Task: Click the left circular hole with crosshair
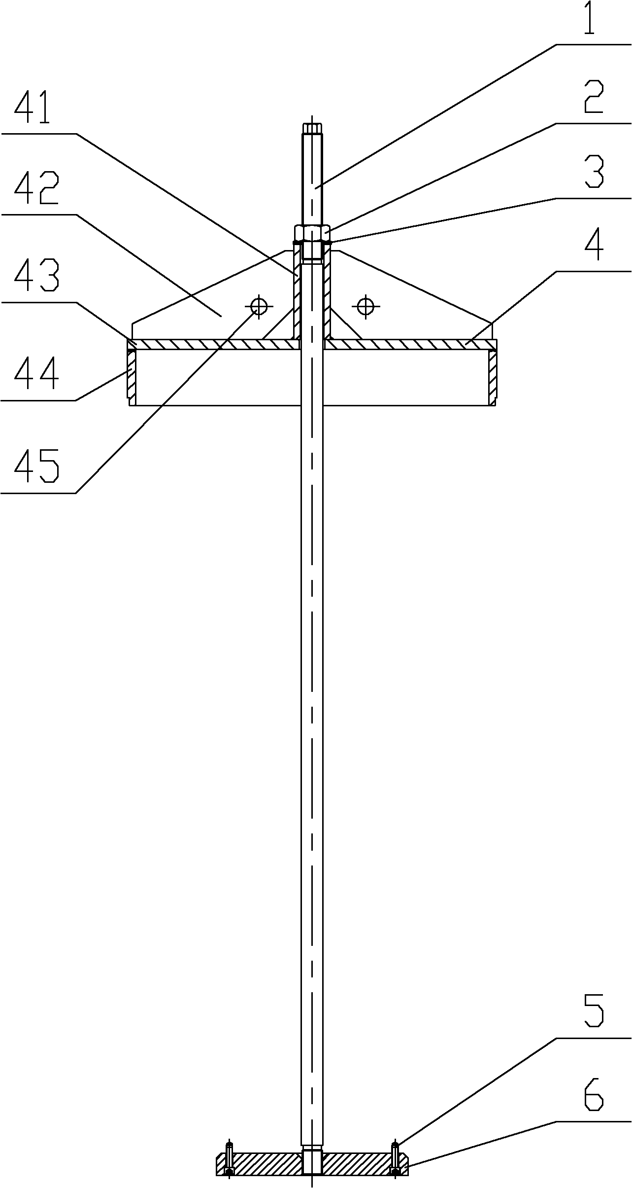click(259, 306)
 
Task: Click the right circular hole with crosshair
click(365, 306)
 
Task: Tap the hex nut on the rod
click(312, 232)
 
